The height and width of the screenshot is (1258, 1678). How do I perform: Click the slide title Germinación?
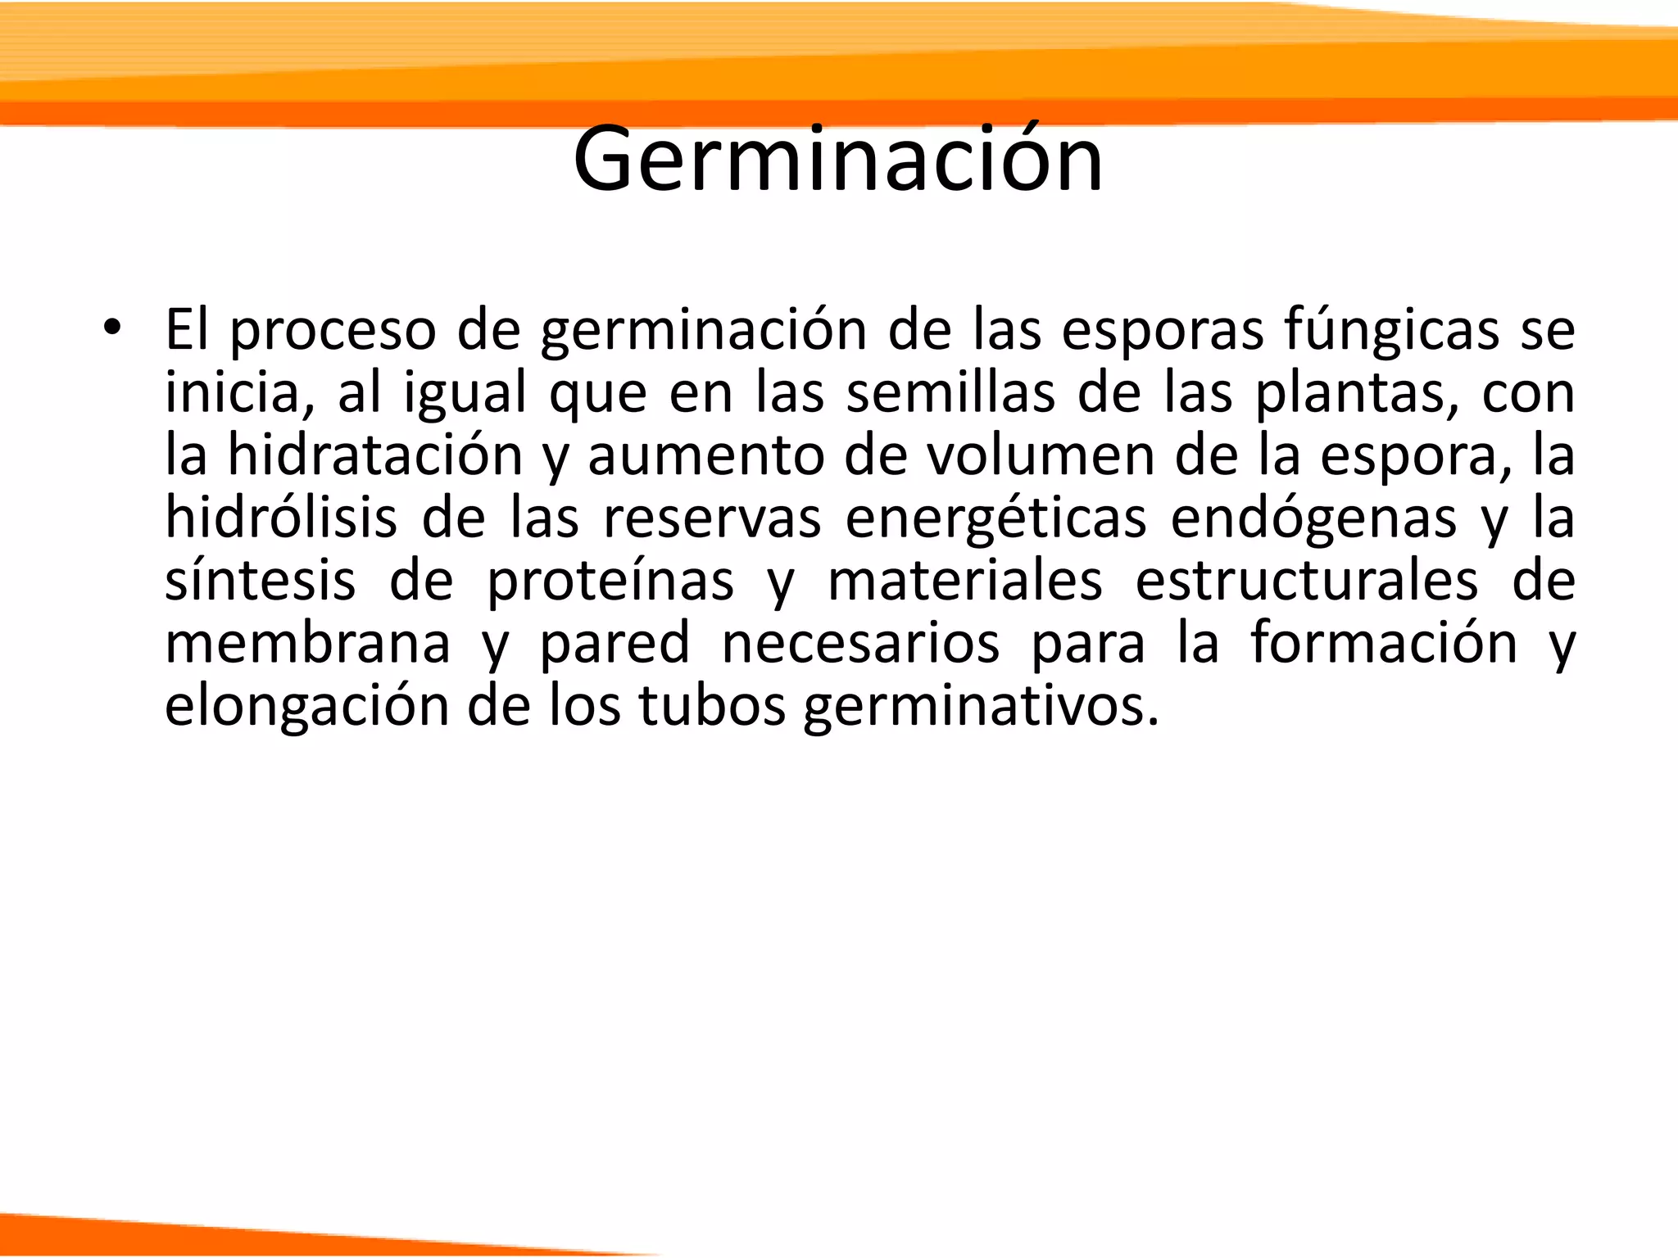pos(838,160)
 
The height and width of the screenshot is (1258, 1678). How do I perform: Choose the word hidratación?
pos(374,455)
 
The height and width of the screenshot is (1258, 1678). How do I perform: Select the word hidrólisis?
pos(281,518)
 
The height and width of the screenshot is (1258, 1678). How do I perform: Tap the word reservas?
pos(711,518)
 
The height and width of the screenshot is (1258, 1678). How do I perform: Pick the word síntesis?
pos(261,581)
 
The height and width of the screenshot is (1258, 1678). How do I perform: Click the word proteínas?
pos(610,582)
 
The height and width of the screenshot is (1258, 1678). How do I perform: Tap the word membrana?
pos(307,644)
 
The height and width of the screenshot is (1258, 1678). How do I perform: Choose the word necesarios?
pos(859,644)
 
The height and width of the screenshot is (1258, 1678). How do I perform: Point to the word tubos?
pos(712,706)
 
